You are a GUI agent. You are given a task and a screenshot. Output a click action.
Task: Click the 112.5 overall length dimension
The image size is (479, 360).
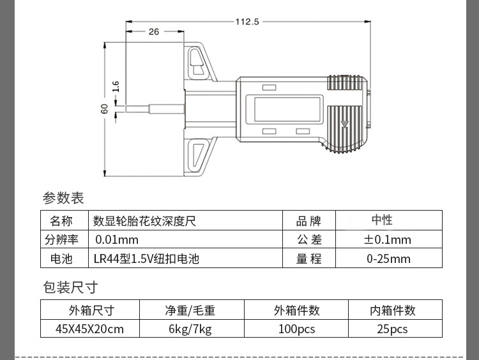pyautogui.click(x=247, y=22)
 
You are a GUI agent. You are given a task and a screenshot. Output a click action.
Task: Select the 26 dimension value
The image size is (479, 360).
pyautogui.click(x=154, y=32)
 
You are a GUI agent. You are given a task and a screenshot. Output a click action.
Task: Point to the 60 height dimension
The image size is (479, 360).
pyautogui.click(x=105, y=109)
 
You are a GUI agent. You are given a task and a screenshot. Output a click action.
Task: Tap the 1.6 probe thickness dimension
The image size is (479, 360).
pyautogui.click(x=116, y=86)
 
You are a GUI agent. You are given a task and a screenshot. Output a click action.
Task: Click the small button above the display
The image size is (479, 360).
pyautogui.click(x=269, y=87)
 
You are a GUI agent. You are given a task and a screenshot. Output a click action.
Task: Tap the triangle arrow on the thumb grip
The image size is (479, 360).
pyautogui.click(x=345, y=124)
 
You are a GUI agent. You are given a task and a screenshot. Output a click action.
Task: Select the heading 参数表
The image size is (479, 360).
pyautogui.click(x=63, y=198)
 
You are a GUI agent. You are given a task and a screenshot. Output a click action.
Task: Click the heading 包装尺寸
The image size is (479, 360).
pyautogui.click(x=70, y=287)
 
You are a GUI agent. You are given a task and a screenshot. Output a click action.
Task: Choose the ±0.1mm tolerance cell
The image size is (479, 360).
pyautogui.click(x=388, y=240)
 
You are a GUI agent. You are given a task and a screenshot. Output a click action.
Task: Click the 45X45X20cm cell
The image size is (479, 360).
pyautogui.click(x=90, y=329)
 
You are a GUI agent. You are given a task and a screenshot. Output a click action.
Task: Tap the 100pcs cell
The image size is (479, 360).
pyautogui.click(x=296, y=329)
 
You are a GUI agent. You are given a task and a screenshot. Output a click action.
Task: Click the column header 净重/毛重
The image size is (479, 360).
pyautogui.click(x=190, y=311)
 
